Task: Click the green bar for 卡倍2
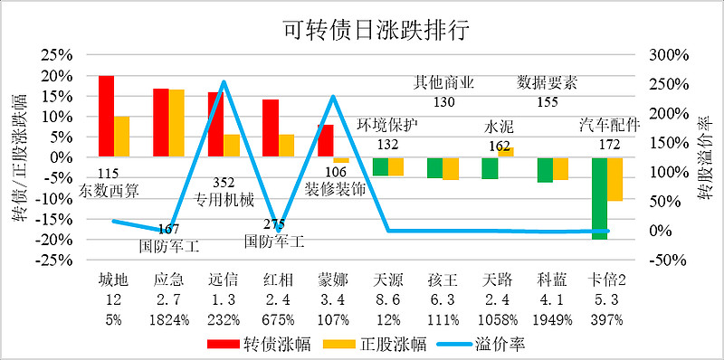click(598, 198)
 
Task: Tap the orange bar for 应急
click(176, 123)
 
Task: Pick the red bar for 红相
click(270, 128)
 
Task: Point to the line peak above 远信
click(223, 82)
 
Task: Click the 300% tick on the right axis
click(669, 55)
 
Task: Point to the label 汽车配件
click(608, 125)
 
